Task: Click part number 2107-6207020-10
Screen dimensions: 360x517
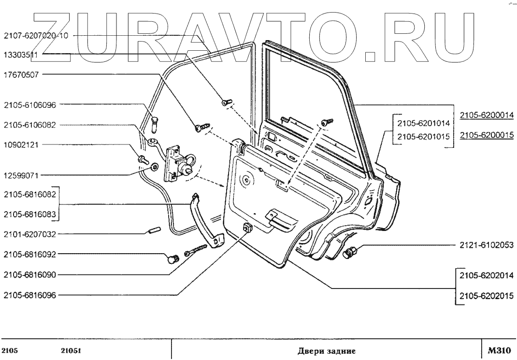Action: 36,35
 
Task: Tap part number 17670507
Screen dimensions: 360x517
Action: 23,74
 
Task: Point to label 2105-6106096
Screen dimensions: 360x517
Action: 30,104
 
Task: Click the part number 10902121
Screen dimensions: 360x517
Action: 23,144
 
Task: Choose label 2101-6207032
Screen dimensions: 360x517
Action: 30,234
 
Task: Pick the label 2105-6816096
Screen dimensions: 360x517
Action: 30,294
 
